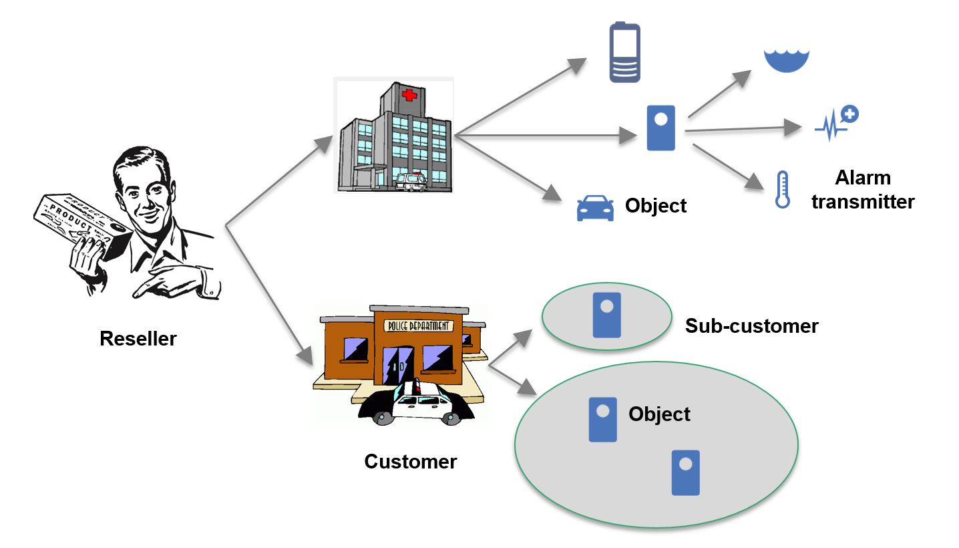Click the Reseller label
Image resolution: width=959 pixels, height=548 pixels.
tap(138, 339)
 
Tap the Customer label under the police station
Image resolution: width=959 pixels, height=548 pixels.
tap(410, 462)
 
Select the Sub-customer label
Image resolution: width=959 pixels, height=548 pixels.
tap(751, 326)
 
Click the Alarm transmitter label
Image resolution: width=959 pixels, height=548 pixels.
tap(862, 190)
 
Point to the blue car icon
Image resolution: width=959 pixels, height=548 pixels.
tap(595, 209)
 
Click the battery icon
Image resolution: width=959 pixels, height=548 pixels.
tap(625, 53)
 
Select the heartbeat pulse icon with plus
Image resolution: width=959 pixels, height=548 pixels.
tap(837, 123)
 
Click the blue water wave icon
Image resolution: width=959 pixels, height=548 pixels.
tap(787, 61)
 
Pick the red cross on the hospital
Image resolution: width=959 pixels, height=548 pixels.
tap(408, 96)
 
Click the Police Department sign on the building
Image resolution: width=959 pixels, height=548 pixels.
tap(418, 326)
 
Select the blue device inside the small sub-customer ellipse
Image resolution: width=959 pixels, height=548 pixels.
tap(607, 315)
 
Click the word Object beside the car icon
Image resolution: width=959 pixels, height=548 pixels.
tap(655, 206)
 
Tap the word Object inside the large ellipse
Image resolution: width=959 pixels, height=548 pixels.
tap(659, 414)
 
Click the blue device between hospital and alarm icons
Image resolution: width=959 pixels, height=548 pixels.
tap(661, 128)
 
